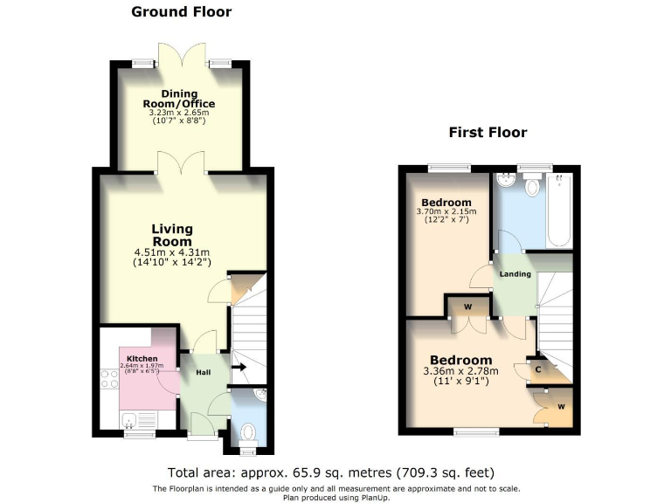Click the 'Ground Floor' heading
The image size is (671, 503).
[x=181, y=12]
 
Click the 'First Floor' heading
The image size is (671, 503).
[x=488, y=132]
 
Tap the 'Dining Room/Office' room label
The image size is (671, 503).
[x=178, y=99]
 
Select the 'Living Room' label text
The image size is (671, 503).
[x=173, y=235]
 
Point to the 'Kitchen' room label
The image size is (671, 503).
[x=142, y=359]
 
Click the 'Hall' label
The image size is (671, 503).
[x=203, y=373]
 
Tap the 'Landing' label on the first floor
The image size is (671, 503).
[x=515, y=274]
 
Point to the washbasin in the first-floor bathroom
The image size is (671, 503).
[x=504, y=181]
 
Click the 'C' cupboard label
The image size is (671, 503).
[x=538, y=369]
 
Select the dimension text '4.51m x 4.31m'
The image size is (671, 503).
[x=173, y=252]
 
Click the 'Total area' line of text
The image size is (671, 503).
[x=336, y=469]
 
